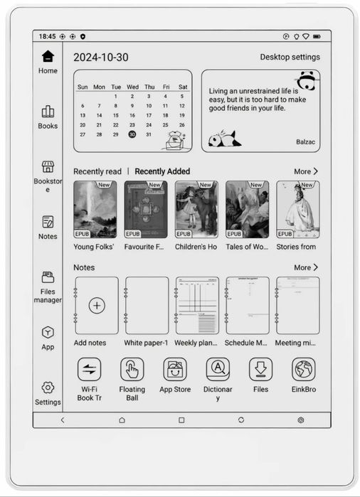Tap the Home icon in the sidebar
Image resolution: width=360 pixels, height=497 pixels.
click(48, 56)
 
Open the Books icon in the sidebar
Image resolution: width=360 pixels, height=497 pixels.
click(48, 112)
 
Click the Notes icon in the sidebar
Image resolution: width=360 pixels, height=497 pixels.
click(48, 222)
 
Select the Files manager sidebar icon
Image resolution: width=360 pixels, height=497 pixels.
click(48, 277)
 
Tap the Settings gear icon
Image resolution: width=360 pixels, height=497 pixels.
click(48, 388)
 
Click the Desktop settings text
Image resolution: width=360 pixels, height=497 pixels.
click(290, 57)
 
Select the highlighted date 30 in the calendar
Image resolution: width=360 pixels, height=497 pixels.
click(132, 134)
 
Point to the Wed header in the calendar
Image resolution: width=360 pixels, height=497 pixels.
click(132, 87)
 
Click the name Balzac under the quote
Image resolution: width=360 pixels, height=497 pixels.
click(305, 141)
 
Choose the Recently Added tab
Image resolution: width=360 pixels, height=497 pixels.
click(162, 171)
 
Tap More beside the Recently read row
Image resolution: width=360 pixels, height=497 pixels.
click(306, 171)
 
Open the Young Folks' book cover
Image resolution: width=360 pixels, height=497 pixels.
click(95, 209)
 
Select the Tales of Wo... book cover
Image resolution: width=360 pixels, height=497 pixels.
click(247, 209)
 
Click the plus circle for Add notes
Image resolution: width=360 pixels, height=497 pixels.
click(97, 306)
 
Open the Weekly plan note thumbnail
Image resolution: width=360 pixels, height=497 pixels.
click(197, 306)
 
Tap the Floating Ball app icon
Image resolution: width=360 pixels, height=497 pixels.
click(132, 369)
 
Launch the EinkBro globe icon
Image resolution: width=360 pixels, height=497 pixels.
click(304, 369)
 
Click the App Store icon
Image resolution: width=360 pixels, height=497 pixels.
click(175, 369)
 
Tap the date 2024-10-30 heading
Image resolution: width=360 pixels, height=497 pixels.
click(101, 57)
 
